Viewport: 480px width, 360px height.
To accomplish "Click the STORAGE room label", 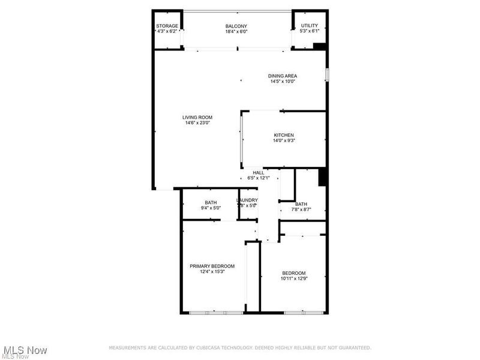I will (x=167, y=26).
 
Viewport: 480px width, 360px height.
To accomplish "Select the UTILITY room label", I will (x=310, y=26).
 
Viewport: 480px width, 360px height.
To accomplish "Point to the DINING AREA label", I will (x=282, y=76).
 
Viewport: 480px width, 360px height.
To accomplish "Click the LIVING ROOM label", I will (x=197, y=117).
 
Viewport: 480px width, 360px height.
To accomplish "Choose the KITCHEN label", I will (x=284, y=135).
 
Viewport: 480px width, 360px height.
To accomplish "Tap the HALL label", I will (x=258, y=173).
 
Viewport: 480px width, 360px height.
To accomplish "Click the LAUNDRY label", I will (x=247, y=200).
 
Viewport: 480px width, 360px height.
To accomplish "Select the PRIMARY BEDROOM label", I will (x=212, y=266).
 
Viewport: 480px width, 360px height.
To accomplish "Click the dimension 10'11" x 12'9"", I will (x=293, y=278).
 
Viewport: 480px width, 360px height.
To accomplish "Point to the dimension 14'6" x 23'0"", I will (x=197, y=123).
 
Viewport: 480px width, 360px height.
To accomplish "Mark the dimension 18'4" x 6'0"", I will (x=236, y=31).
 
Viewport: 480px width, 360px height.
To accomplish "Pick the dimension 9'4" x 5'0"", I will (x=211, y=208).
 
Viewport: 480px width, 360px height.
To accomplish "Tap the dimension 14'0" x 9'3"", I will (x=284, y=140).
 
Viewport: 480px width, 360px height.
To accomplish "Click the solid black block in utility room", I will (x=319, y=46).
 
